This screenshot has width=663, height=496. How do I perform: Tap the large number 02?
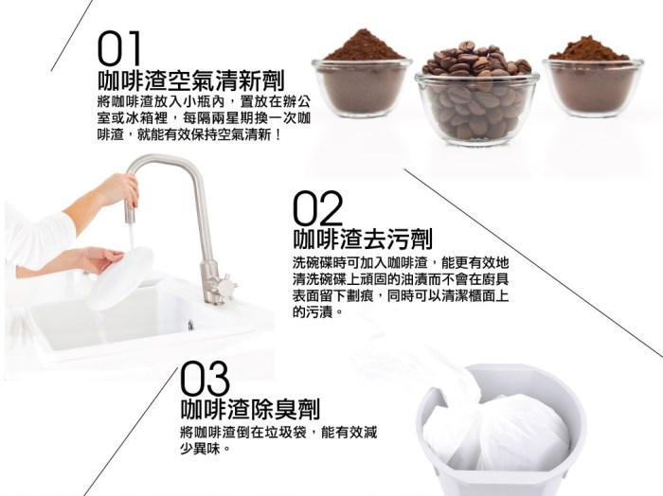[317, 208]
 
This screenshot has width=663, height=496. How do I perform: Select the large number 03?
[206, 378]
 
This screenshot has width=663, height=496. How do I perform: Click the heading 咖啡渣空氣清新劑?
[191, 80]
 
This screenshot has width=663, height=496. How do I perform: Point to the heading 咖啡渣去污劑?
[363, 239]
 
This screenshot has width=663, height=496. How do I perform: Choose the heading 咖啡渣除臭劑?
[250, 409]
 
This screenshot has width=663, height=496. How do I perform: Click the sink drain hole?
[190, 326]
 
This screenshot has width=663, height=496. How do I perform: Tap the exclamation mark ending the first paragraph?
[278, 135]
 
